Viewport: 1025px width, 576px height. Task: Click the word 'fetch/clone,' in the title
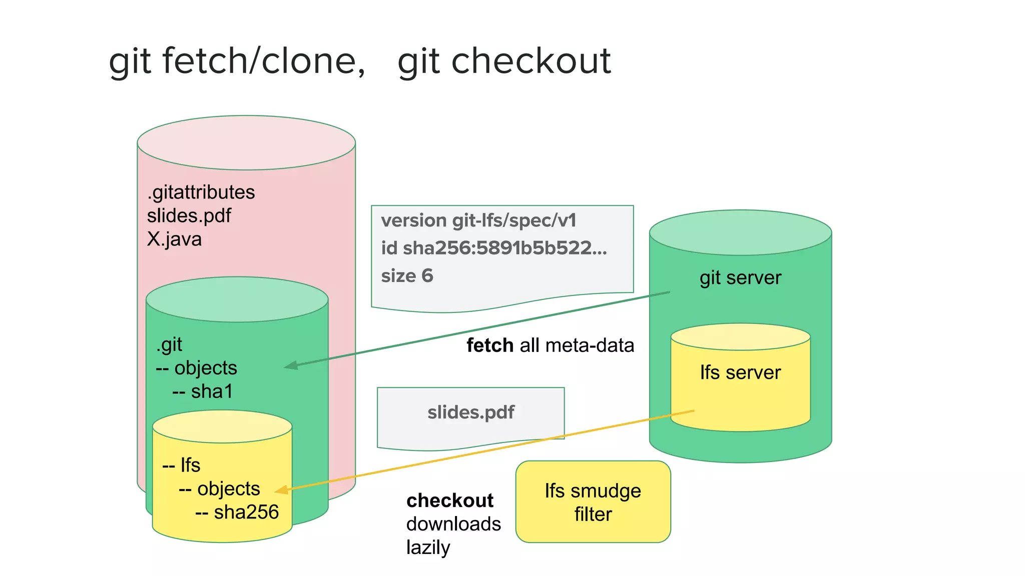263,61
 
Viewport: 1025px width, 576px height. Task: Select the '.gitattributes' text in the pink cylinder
201,192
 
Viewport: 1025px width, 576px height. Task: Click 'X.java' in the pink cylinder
174,239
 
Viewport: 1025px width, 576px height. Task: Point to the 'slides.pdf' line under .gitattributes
189,216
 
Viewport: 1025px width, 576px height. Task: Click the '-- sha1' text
203,391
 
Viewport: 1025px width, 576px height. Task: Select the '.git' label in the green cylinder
169,345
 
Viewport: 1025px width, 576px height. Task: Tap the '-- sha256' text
237,512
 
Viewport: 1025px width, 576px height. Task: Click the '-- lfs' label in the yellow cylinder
181,465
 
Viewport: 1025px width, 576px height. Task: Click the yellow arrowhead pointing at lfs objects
282,490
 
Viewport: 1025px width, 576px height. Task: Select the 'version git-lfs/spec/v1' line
478,220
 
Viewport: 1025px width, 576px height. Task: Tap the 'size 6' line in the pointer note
407,276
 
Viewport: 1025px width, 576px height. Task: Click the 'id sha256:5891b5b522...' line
493,248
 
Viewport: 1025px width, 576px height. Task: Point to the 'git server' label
740,278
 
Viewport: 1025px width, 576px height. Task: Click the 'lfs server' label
740,373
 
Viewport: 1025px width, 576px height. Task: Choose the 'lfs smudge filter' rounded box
593,502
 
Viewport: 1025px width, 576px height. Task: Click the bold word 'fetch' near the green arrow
490,345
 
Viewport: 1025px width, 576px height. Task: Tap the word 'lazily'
428,547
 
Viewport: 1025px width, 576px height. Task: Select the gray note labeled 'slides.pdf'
470,413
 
